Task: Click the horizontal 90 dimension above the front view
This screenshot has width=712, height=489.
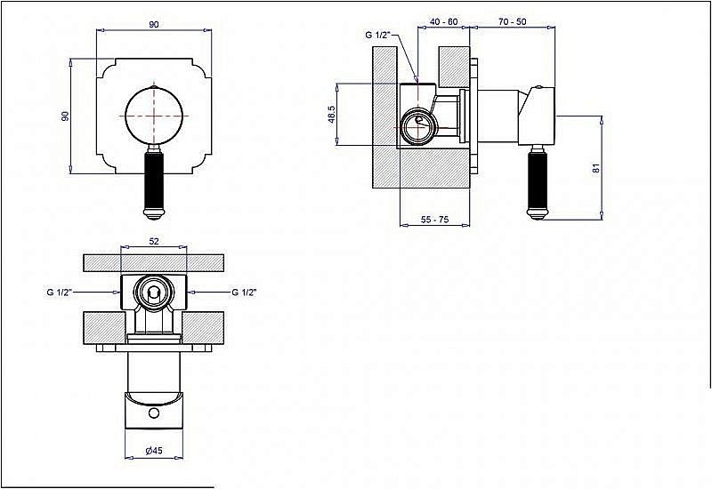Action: pyautogui.click(x=154, y=25)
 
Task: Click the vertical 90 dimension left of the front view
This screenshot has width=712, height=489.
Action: pyautogui.click(x=66, y=116)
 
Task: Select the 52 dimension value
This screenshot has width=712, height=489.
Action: pyautogui.click(x=154, y=241)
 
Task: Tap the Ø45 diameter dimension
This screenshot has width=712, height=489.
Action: pyautogui.click(x=154, y=451)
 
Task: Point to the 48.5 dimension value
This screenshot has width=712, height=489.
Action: pyautogui.click(x=332, y=115)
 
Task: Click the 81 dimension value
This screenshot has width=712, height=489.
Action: pyautogui.click(x=596, y=168)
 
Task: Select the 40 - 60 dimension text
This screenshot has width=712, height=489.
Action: pyautogui.click(x=443, y=21)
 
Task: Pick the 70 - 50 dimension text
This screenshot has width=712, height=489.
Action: pyautogui.click(x=513, y=21)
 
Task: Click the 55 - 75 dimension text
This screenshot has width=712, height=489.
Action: pyautogui.click(x=434, y=220)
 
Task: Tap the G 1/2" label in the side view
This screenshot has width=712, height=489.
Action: pyautogui.click(x=377, y=35)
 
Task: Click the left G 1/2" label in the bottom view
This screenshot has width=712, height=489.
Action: pyautogui.click(x=60, y=293)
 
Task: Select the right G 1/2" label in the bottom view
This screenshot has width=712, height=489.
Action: pyautogui.click(x=244, y=293)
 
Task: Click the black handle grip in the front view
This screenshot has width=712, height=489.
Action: pyautogui.click(x=154, y=179)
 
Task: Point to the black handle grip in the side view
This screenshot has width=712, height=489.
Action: pyautogui.click(x=538, y=179)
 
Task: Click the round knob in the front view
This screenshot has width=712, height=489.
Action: pyautogui.click(x=154, y=116)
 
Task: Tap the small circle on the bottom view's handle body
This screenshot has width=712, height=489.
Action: pyautogui.click(x=154, y=413)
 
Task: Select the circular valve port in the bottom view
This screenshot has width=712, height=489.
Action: pyautogui.click(x=154, y=293)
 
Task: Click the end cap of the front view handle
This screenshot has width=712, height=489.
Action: pyautogui.click(x=154, y=212)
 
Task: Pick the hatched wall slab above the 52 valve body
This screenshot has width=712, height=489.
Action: pyautogui.click(x=154, y=263)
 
